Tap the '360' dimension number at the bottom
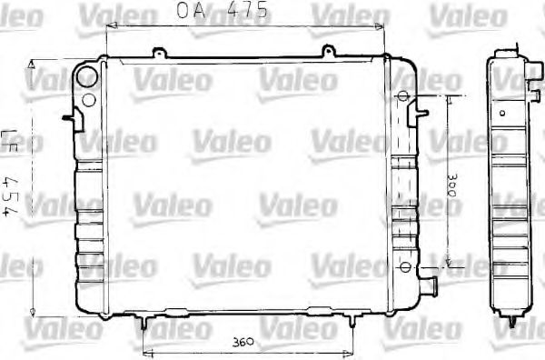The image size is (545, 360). pyautogui.click(x=241, y=342)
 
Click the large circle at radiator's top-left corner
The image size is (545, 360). pyautogui.click(x=87, y=75)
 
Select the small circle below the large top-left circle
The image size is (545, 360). pyautogui.click(x=89, y=99)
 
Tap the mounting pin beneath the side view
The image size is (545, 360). pyautogui.click(x=514, y=322)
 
